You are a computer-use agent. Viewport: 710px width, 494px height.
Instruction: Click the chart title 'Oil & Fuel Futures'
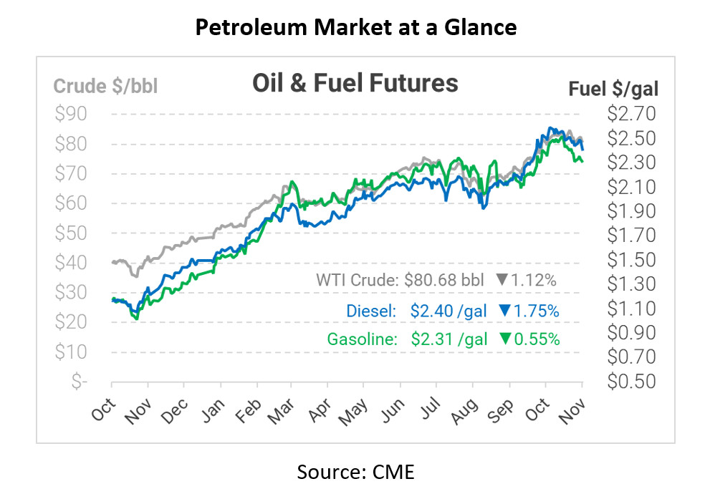[x=355, y=83]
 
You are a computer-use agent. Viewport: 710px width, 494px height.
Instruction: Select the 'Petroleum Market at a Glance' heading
[x=355, y=28]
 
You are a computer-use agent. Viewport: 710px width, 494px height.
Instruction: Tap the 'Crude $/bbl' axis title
[x=106, y=87]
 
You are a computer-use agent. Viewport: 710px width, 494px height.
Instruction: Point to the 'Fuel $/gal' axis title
[x=613, y=89]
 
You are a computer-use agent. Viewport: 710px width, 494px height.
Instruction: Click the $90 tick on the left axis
[x=71, y=114]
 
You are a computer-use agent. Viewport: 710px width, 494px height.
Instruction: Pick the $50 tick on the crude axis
[x=71, y=233]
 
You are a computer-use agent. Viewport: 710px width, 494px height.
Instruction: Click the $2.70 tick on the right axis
[x=631, y=114]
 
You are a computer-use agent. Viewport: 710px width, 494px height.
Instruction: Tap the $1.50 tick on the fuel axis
[x=631, y=259]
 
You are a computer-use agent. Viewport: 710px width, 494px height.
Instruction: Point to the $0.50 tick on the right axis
[x=631, y=381]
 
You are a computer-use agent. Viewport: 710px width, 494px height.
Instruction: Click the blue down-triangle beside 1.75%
[x=504, y=311]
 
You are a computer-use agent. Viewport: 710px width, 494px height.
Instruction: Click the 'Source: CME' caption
[x=355, y=472]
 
